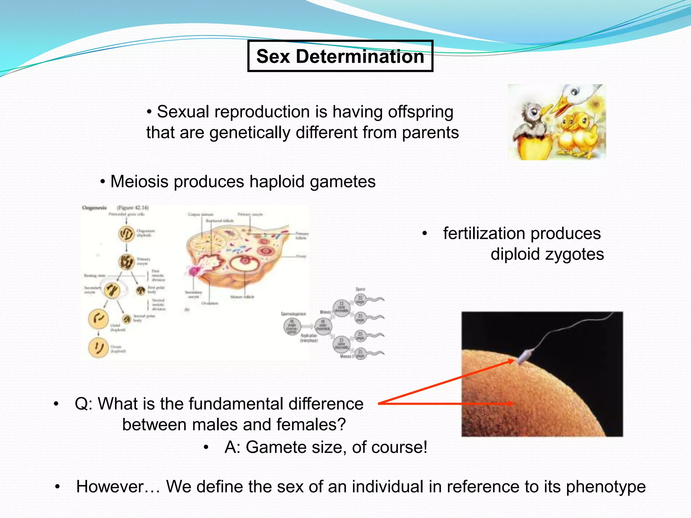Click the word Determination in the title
pos(360,56)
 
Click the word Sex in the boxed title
pos(273,56)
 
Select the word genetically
pos(250,133)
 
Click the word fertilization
pos(522,233)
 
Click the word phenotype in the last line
pos(606,487)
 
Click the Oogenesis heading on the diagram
pos(94,208)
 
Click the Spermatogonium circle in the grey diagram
pos(292,326)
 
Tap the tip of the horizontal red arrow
pos(513,403)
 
